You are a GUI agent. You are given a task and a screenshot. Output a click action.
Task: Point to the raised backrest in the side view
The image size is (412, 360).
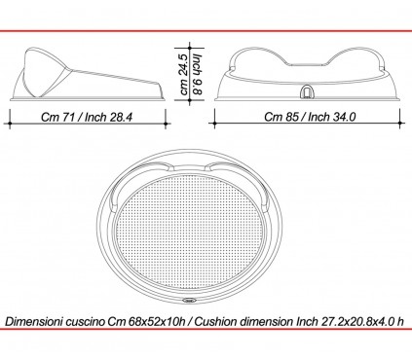pos(45,68)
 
